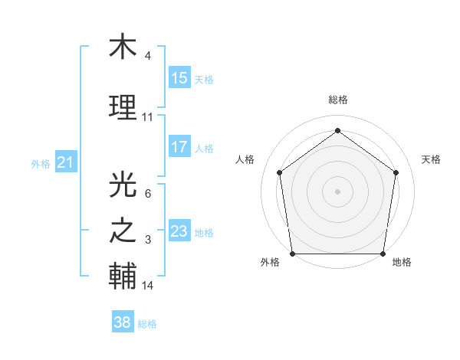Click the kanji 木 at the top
pos(123,47)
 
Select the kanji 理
pos(123,106)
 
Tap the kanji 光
pos(123,185)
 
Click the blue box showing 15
pos(179,78)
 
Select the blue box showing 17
pos(179,147)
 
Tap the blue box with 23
pos(179,231)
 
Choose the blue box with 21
pos(66,162)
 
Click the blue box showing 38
pos(123,322)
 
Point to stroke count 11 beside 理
pos(148,117)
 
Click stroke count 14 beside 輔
pos(148,286)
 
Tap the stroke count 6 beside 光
pos(148,194)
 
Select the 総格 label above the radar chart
pos(338,100)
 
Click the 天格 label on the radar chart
pos(432,159)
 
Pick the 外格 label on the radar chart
pos(270,263)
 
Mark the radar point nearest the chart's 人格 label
pos(279,172)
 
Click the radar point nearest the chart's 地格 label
pos(383,254)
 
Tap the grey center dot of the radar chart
pos(338,191)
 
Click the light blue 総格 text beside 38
pos(147,324)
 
